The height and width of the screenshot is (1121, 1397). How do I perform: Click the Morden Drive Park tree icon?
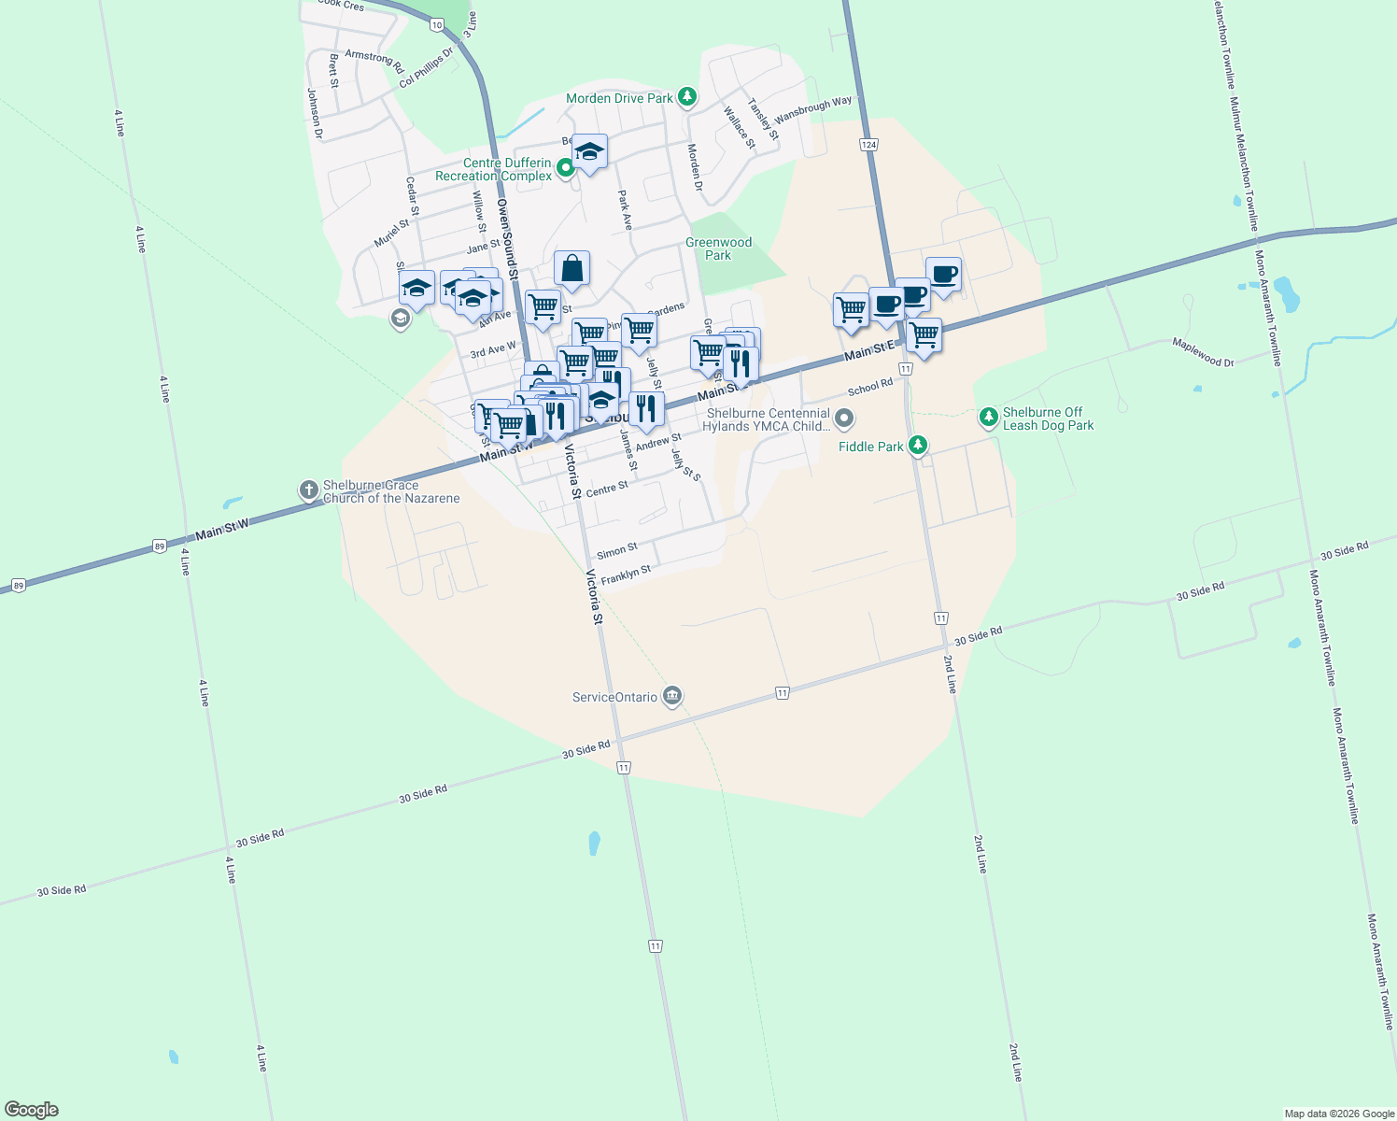tap(687, 97)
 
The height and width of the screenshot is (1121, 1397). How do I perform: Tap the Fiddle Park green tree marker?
tap(918, 446)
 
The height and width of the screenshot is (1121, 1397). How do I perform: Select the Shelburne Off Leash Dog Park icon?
tap(989, 418)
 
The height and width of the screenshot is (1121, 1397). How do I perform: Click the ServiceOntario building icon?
tap(671, 696)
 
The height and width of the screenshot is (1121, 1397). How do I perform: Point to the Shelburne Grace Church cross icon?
tap(309, 490)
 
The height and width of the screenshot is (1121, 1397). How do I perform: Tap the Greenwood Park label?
tap(718, 248)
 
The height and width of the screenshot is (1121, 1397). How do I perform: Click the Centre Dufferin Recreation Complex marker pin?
tap(565, 169)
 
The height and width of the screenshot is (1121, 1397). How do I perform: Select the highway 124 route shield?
tap(869, 145)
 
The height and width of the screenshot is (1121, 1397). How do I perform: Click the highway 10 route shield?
tap(437, 25)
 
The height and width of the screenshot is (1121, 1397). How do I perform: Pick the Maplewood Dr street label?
tap(1203, 351)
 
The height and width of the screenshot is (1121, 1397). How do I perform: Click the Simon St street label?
tap(617, 551)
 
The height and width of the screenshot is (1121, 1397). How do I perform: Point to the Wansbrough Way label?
tap(812, 109)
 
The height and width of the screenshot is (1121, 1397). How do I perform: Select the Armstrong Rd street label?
tap(374, 61)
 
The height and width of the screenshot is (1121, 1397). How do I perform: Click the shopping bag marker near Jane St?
tap(571, 268)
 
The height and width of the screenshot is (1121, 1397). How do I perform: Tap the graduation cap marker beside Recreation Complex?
tap(589, 152)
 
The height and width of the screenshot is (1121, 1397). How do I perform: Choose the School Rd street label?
tap(870, 387)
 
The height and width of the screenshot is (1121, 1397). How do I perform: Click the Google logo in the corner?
tap(32, 1110)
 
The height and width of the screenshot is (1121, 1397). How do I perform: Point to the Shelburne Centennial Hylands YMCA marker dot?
tap(844, 419)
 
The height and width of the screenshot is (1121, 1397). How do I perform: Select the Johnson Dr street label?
tap(315, 114)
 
